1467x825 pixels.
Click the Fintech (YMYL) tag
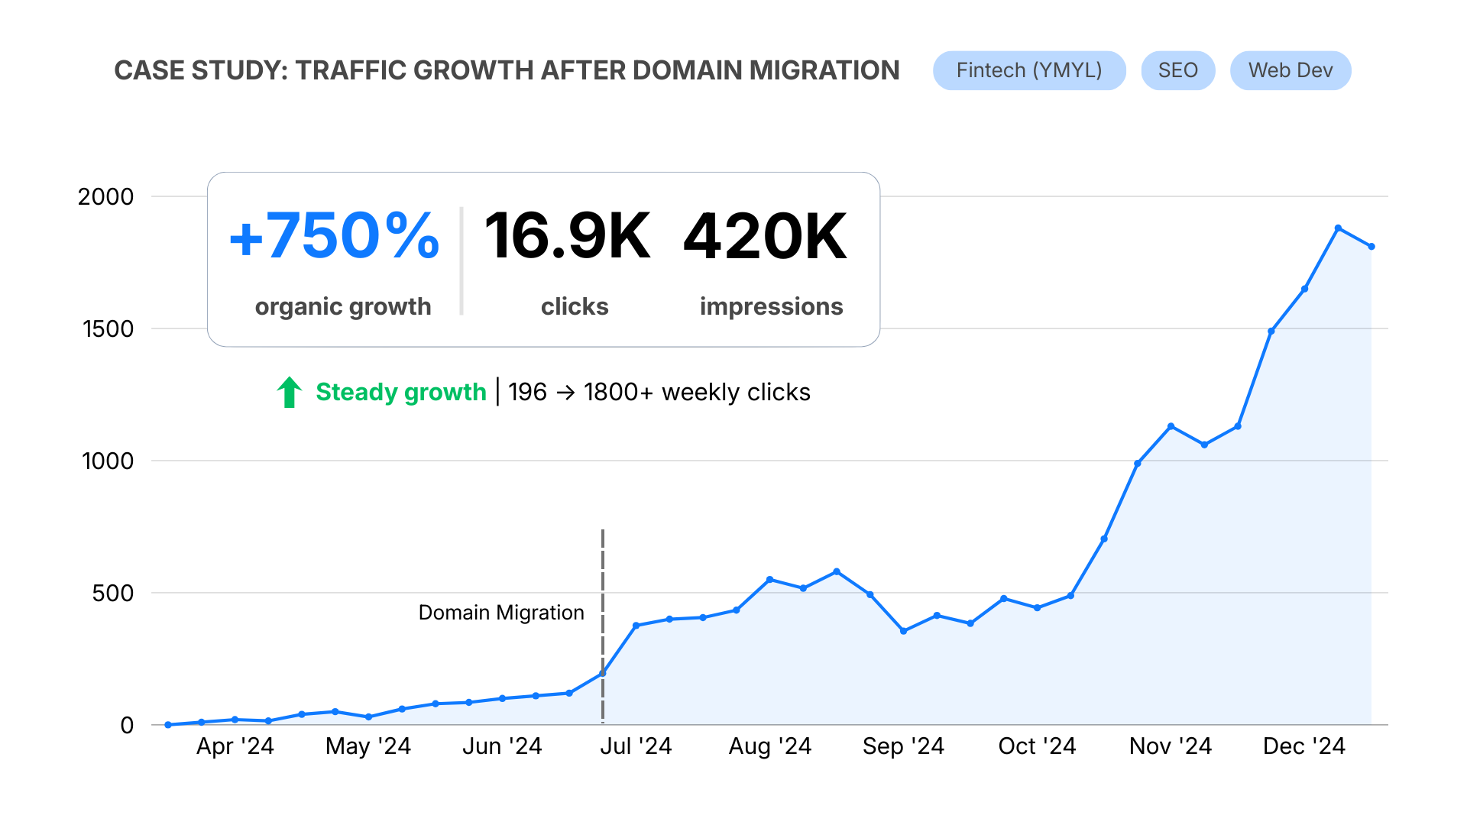pyautogui.click(x=1028, y=70)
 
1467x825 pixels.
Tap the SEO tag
pyautogui.click(x=1177, y=70)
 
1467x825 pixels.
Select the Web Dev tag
pyautogui.click(x=1290, y=70)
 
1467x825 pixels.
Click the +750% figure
pyautogui.click(x=335, y=236)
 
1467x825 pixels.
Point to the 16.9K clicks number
pyautogui.click(x=567, y=236)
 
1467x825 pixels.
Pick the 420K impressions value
pyautogui.click(x=765, y=236)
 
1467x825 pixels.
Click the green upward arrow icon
pyautogui.click(x=290, y=392)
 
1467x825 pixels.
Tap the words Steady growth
pyautogui.click(x=400, y=392)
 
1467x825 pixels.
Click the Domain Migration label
pyautogui.click(x=500, y=613)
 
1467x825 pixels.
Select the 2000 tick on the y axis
pyautogui.click(x=105, y=196)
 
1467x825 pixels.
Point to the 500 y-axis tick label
pyautogui.click(x=112, y=593)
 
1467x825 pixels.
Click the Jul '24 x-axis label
pyautogui.click(x=636, y=746)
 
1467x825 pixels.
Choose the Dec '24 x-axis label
pyautogui.click(x=1303, y=746)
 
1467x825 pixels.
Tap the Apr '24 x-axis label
pyautogui.click(x=235, y=746)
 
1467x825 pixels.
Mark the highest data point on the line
pyautogui.click(x=1338, y=228)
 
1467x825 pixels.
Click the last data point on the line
pyautogui.click(x=1371, y=247)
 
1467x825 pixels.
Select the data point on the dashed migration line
pyautogui.click(x=603, y=673)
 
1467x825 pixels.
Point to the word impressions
pyautogui.click(x=771, y=306)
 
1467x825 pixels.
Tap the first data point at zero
pyautogui.click(x=168, y=724)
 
